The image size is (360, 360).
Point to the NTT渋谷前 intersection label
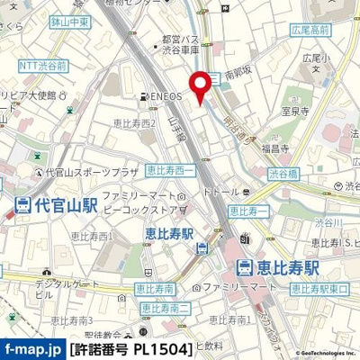(x=42, y=65)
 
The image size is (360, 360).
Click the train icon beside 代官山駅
(x=21, y=204)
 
